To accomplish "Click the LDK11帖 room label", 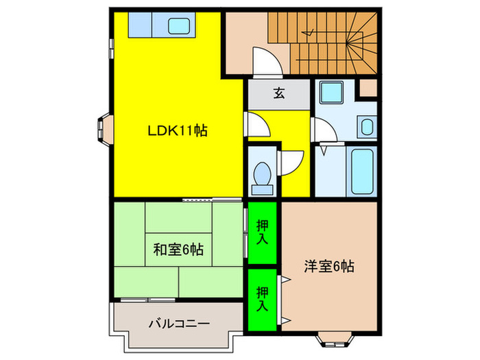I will (178, 130).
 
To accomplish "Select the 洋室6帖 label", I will (330, 267).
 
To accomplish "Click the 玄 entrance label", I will (280, 94).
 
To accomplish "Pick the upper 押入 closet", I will (262, 232).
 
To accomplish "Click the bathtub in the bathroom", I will (361, 171).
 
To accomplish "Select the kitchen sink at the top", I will (182, 26).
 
